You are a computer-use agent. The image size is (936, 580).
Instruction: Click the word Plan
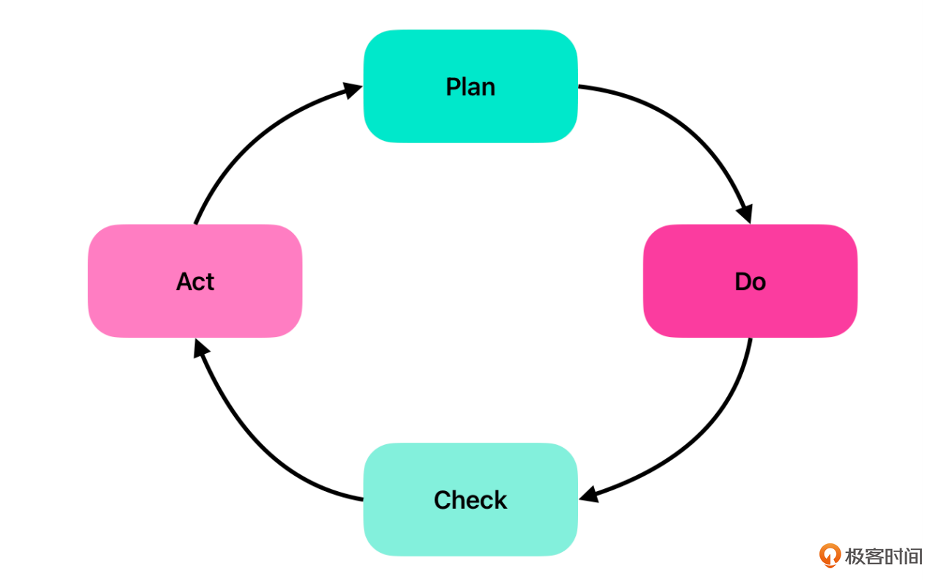[x=470, y=87]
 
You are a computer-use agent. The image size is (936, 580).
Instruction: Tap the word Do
[x=750, y=281]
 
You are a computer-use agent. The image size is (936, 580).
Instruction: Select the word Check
[x=470, y=500]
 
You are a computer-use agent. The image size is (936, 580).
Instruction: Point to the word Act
[x=195, y=281]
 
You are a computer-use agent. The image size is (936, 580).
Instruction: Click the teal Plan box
[x=470, y=86]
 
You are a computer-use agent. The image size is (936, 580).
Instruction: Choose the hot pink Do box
[x=750, y=281]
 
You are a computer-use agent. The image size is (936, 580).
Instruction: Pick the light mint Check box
[x=470, y=499]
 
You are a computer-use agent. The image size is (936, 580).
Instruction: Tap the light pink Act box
[x=195, y=281]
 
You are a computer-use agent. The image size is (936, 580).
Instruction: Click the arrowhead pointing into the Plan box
[x=353, y=90]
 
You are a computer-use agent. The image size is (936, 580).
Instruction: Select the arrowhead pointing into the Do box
[x=745, y=214]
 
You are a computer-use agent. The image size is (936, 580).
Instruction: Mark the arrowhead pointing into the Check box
[x=589, y=494]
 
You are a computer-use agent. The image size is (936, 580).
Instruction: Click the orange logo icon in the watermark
[x=830, y=555]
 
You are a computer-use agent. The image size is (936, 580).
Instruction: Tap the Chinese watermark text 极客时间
[x=884, y=557]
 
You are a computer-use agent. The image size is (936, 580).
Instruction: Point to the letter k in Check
[x=500, y=499]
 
